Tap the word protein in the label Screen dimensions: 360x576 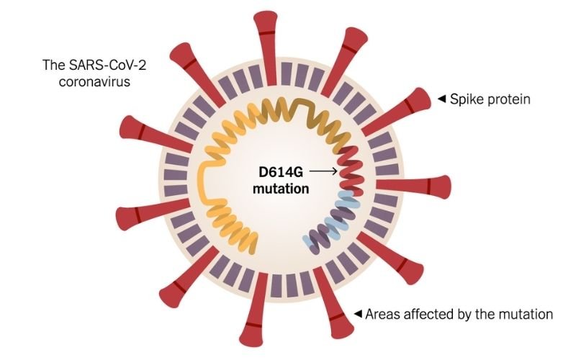tap(509, 99)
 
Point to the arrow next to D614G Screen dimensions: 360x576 tap(325, 171)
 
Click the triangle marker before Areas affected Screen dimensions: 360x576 tap(357, 314)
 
